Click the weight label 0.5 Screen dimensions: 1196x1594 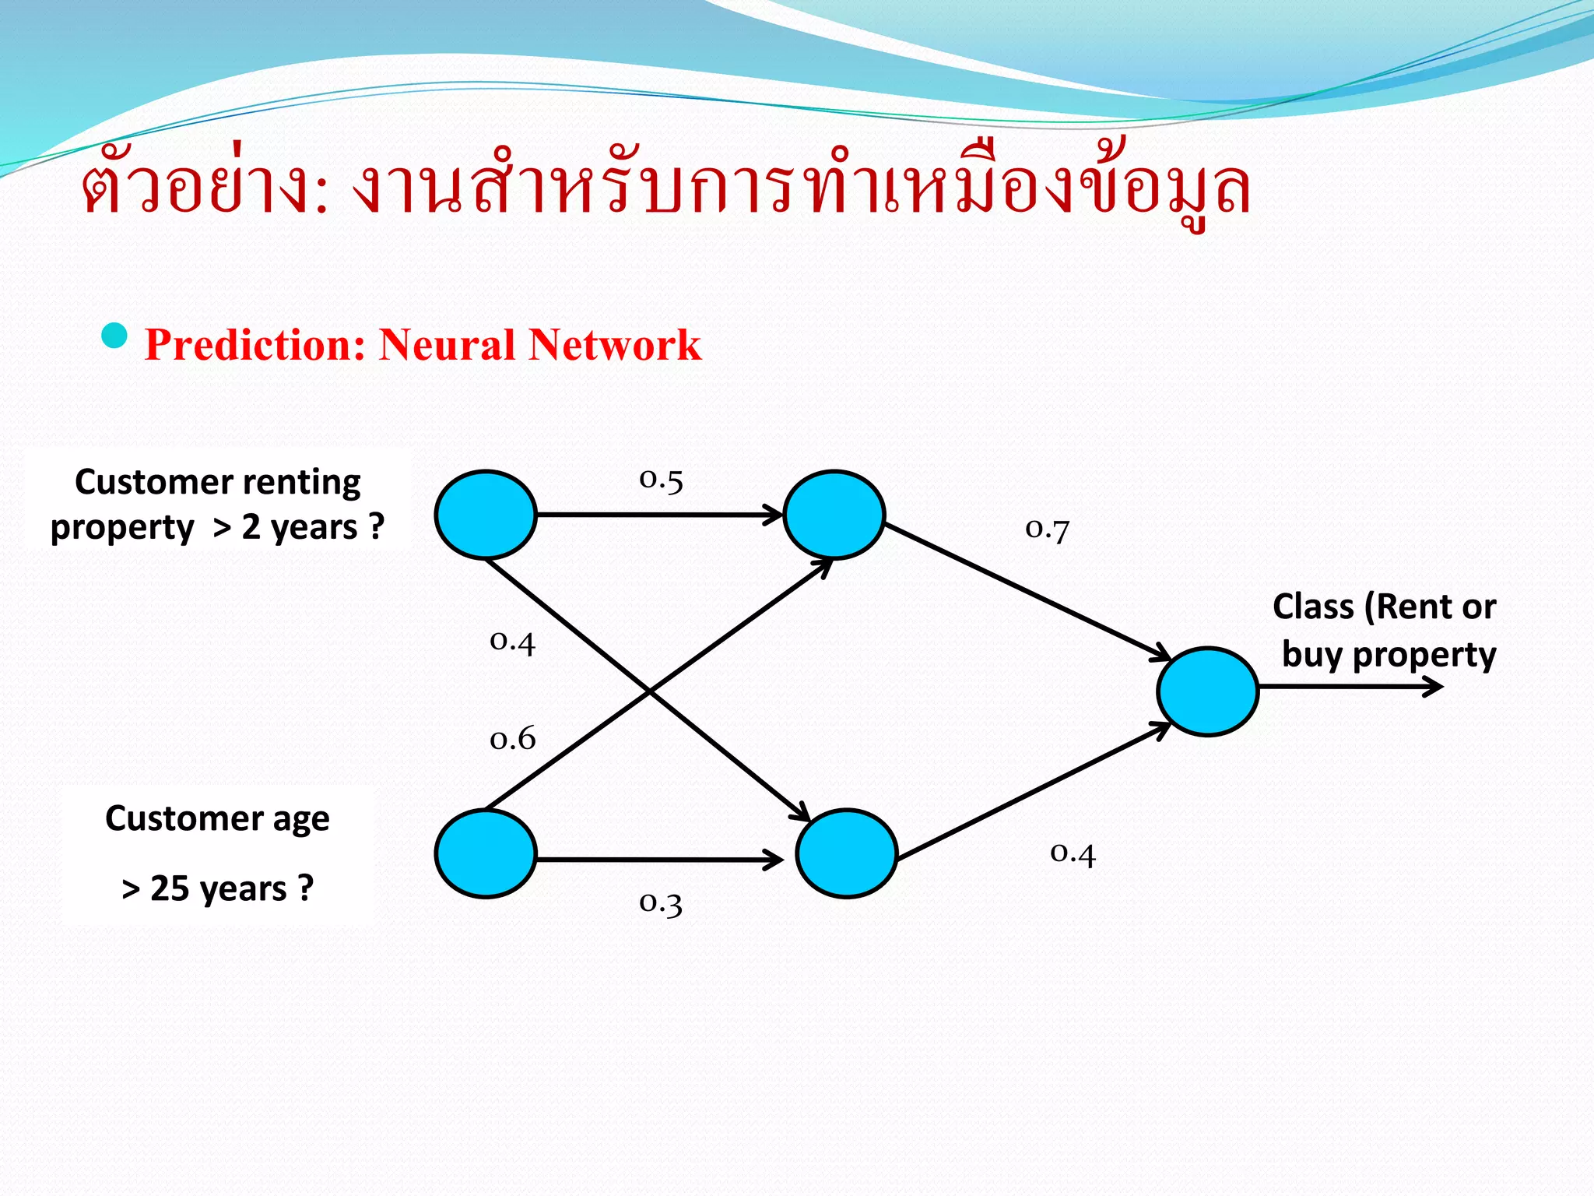point(661,480)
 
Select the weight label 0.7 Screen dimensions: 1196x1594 point(1047,529)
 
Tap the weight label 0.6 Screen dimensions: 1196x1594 point(512,738)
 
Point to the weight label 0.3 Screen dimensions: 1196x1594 point(661,903)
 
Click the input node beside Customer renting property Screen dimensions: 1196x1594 point(486,515)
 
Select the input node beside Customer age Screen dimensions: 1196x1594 point(486,853)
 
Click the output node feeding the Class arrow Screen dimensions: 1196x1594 point(1207,691)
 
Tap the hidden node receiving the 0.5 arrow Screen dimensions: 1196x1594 point(834,515)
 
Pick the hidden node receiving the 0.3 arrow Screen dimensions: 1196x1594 point(846,853)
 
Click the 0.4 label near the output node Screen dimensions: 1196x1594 point(1073,853)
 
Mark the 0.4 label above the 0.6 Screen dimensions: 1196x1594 point(512,642)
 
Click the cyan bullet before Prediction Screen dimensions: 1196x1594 point(114,336)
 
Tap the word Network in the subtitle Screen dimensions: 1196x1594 point(614,345)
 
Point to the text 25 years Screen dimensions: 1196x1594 point(218,888)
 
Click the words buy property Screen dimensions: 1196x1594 point(1389,655)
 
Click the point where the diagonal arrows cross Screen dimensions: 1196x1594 point(650,690)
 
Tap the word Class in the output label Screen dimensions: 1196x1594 point(1313,607)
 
